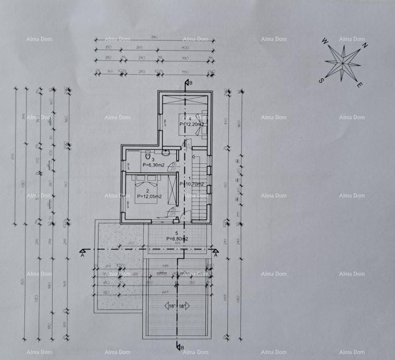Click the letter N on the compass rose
pyautogui.click(x=365, y=45)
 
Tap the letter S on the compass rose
pyautogui.click(x=322, y=80)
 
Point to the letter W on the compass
pyautogui.click(x=325, y=41)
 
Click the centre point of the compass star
pyautogui.click(x=342, y=63)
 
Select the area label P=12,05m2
pyautogui.click(x=149, y=196)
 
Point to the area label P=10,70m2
pyautogui.click(x=192, y=184)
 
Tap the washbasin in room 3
pyautogui.click(x=165, y=152)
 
